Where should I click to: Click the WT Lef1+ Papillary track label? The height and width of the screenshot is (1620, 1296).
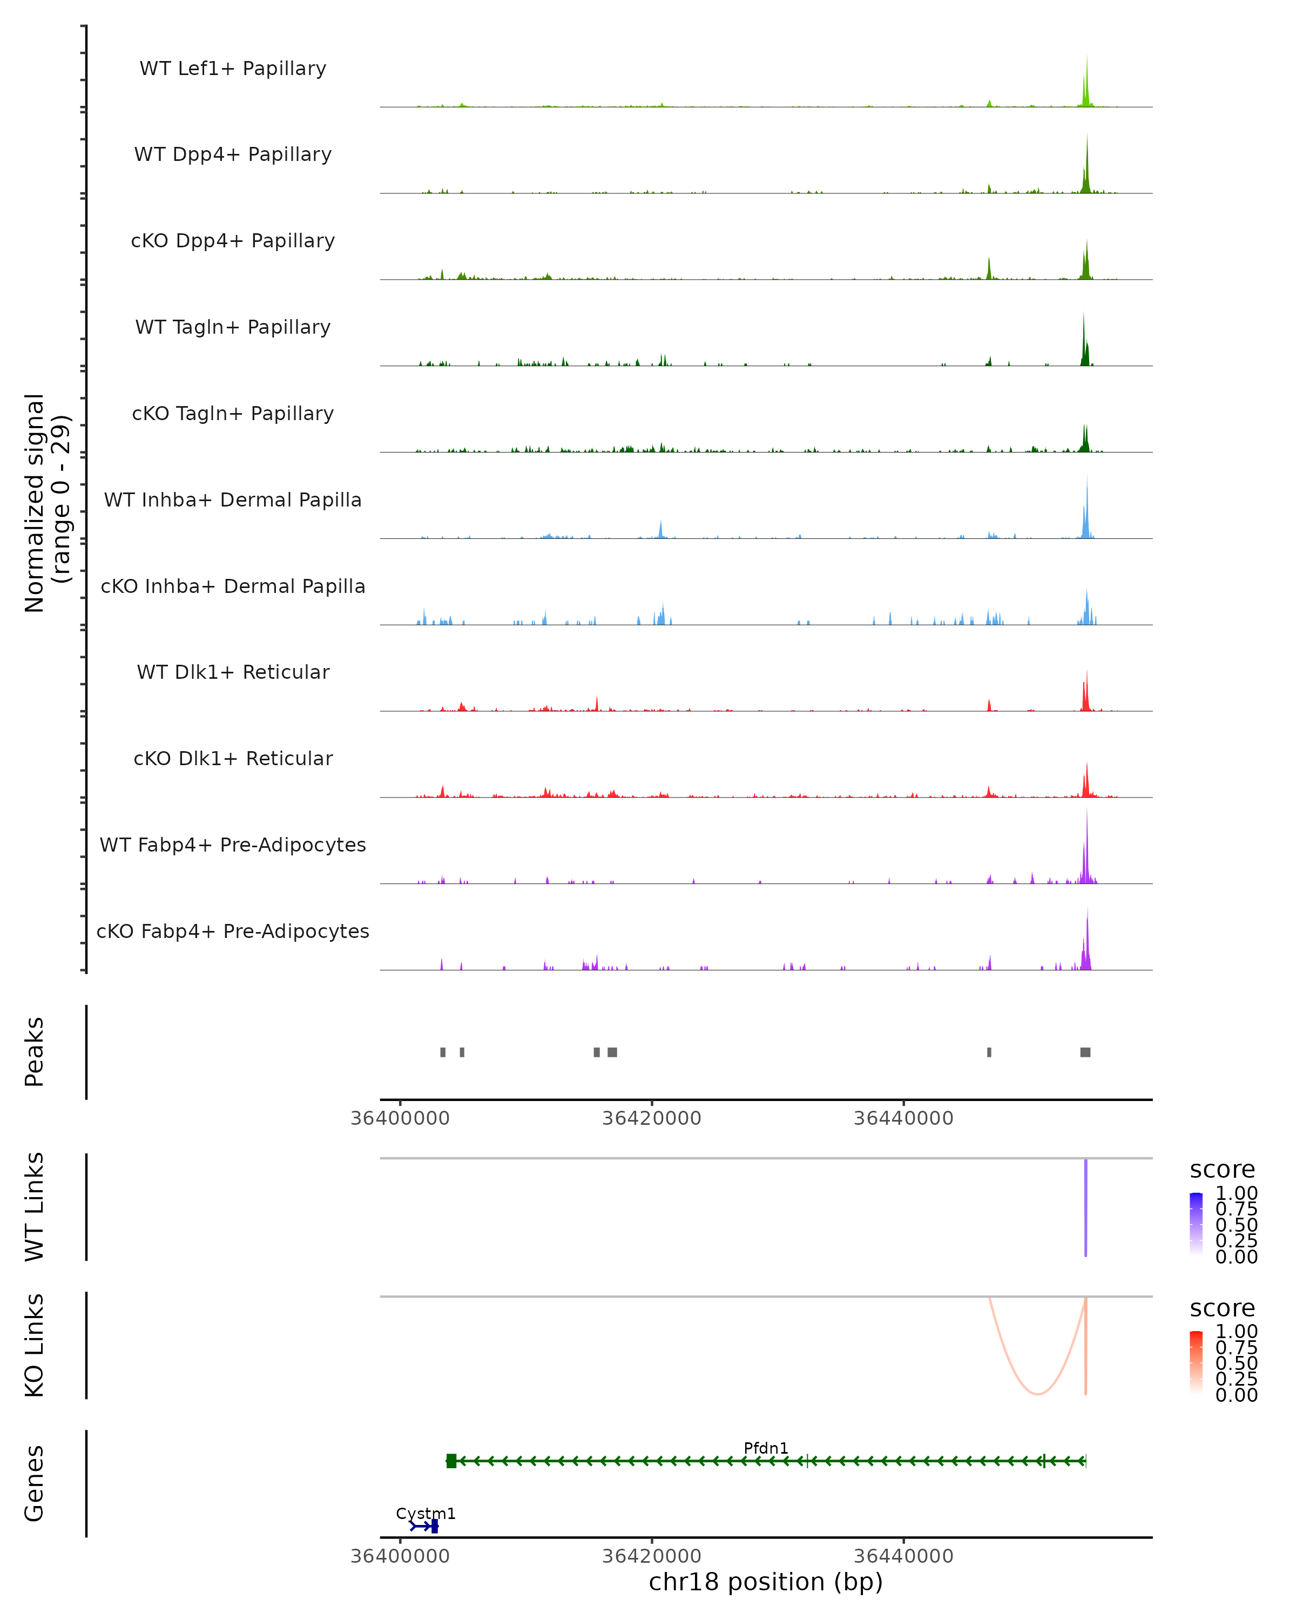pos(233,69)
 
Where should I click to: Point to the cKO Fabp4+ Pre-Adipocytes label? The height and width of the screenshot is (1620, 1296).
pos(233,931)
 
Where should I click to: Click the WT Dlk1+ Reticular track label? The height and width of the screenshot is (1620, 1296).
pos(233,672)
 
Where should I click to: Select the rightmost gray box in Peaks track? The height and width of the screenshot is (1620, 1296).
pos(1085,1052)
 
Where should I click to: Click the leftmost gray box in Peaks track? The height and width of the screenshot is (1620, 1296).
pos(442,1052)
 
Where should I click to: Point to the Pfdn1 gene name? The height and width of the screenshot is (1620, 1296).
pos(766,1448)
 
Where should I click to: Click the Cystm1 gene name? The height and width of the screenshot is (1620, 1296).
pos(425,1513)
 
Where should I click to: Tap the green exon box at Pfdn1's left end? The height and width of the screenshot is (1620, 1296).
pos(451,1461)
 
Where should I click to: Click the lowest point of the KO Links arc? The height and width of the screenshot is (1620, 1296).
pos(1037,1394)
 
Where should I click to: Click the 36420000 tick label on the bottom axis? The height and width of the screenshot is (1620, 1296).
pos(651,1555)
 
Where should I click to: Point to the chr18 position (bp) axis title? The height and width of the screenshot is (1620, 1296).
pos(766,1582)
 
